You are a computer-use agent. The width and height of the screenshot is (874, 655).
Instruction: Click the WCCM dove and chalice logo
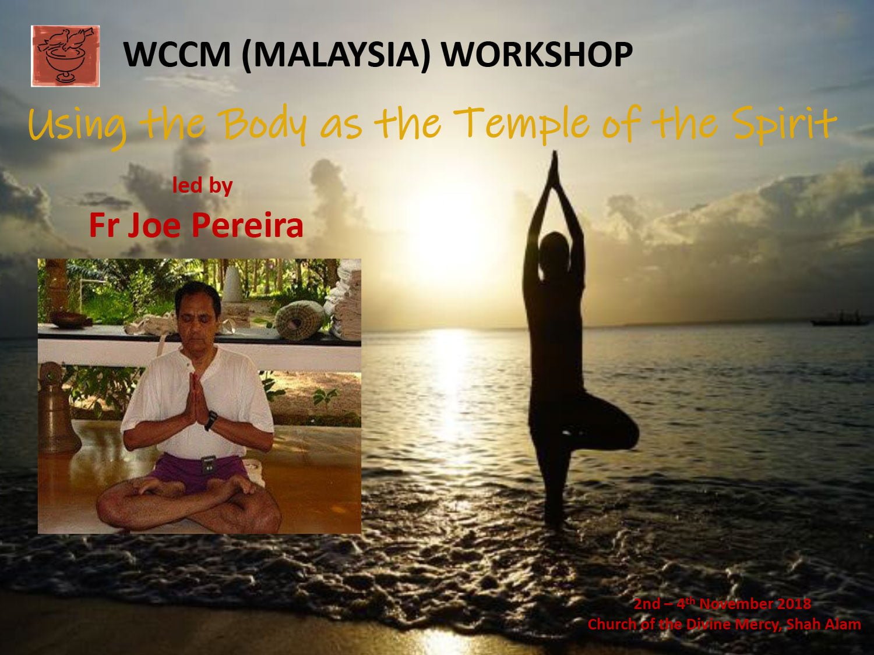click(65, 56)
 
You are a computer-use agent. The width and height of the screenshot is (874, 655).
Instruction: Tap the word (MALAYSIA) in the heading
click(336, 55)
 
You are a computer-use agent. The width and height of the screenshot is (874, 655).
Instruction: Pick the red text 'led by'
click(202, 185)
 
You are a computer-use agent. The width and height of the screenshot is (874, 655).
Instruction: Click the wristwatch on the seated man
click(211, 420)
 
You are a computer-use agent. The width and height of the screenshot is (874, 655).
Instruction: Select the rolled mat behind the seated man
click(299, 321)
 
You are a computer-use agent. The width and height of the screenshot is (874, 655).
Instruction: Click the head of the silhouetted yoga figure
click(555, 249)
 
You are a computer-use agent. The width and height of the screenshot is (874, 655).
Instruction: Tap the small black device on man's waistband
click(208, 465)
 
